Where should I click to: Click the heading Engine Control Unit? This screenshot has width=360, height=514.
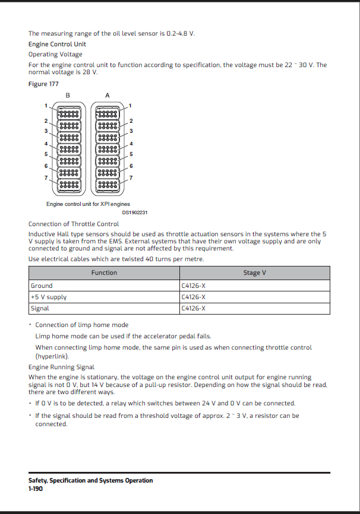point(57,44)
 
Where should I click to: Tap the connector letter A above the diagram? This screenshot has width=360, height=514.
point(107,95)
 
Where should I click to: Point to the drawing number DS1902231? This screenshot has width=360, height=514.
point(135,212)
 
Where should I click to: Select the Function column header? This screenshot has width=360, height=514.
point(104,273)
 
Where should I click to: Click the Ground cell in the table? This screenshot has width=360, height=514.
point(42,285)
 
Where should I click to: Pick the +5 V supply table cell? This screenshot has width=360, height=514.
point(49,297)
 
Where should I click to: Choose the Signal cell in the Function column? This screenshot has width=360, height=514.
point(40,308)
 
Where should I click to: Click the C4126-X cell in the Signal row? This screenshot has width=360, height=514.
point(194,308)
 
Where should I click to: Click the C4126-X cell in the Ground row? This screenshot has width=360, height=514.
point(194,285)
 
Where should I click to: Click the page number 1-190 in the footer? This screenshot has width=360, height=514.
point(36,488)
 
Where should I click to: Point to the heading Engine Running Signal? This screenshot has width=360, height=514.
point(61,367)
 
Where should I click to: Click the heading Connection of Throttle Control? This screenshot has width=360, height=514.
point(74,224)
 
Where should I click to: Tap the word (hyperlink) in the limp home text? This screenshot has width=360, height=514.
point(52,356)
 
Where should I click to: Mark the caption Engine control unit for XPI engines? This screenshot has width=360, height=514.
point(88,204)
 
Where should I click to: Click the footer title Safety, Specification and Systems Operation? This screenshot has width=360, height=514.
point(90,481)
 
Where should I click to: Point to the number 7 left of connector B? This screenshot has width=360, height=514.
point(45,177)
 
